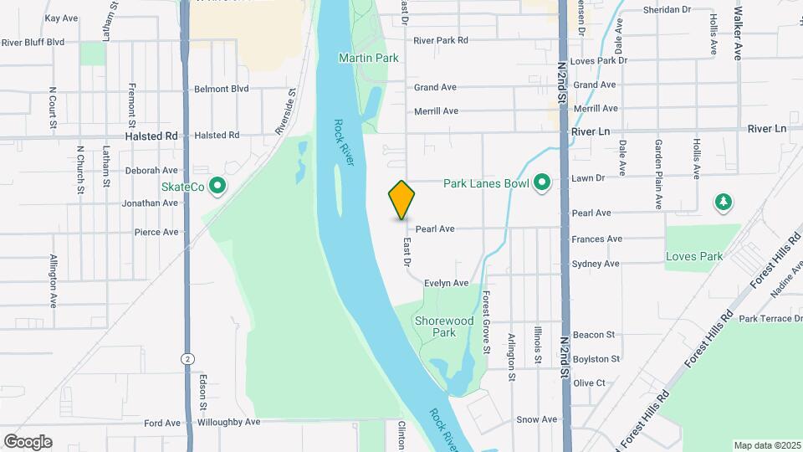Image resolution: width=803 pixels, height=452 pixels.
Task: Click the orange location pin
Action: point(402,199)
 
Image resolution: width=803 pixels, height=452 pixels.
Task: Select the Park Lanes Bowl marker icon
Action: point(541,182)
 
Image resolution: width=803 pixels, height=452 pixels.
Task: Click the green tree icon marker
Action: point(724,202)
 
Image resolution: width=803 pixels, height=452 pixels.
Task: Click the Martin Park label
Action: point(368,58)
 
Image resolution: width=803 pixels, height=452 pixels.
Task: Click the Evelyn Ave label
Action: point(446,283)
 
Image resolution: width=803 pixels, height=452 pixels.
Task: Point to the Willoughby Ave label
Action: point(229,423)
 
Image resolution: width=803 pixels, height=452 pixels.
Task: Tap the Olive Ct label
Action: point(589,383)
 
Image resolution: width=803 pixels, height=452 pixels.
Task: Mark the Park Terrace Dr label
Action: point(770,319)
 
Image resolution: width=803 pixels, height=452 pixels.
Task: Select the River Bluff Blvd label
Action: point(33,41)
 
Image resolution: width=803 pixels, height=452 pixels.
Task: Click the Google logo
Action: point(28,442)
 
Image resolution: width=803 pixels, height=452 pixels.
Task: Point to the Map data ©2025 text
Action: point(766,445)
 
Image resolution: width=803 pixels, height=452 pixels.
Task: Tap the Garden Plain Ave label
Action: point(658,174)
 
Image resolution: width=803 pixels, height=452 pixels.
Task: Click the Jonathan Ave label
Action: point(151,203)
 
